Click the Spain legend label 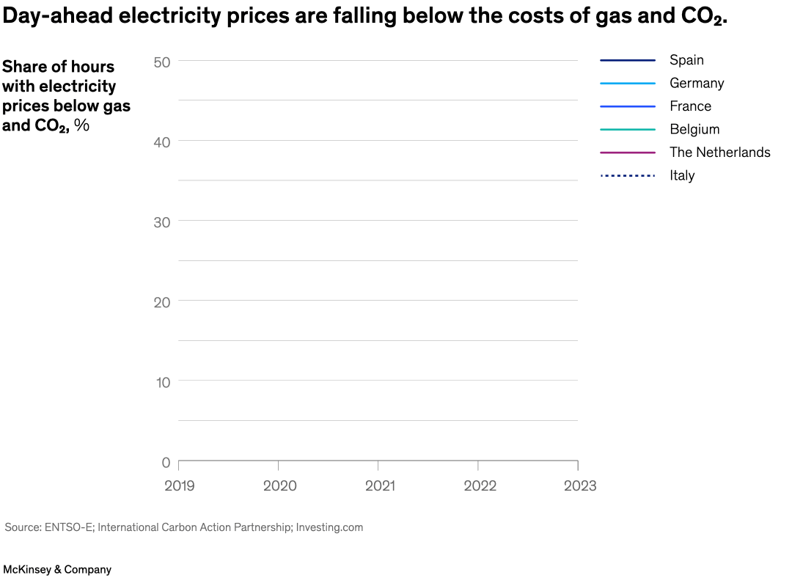pyautogui.click(x=686, y=60)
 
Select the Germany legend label pyautogui.click(x=696, y=83)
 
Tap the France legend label pyautogui.click(x=690, y=106)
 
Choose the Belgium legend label pyautogui.click(x=694, y=129)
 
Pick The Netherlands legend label pyautogui.click(x=719, y=153)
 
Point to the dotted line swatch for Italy pyautogui.click(x=627, y=175)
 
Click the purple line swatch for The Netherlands pyautogui.click(x=627, y=153)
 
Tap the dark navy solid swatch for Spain pyautogui.click(x=627, y=60)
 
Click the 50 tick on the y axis pyautogui.click(x=162, y=62)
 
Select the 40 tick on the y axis pyautogui.click(x=162, y=142)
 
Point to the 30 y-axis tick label pyautogui.click(x=162, y=221)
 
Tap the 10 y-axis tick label pyautogui.click(x=162, y=382)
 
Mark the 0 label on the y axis pyautogui.click(x=166, y=462)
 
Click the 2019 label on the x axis pyautogui.click(x=180, y=485)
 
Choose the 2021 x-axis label pyautogui.click(x=379, y=485)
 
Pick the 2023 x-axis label pyautogui.click(x=579, y=485)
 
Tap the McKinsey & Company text pyautogui.click(x=57, y=569)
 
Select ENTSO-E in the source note pyautogui.click(x=69, y=527)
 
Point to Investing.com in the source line pyautogui.click(x=329, y=527)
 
